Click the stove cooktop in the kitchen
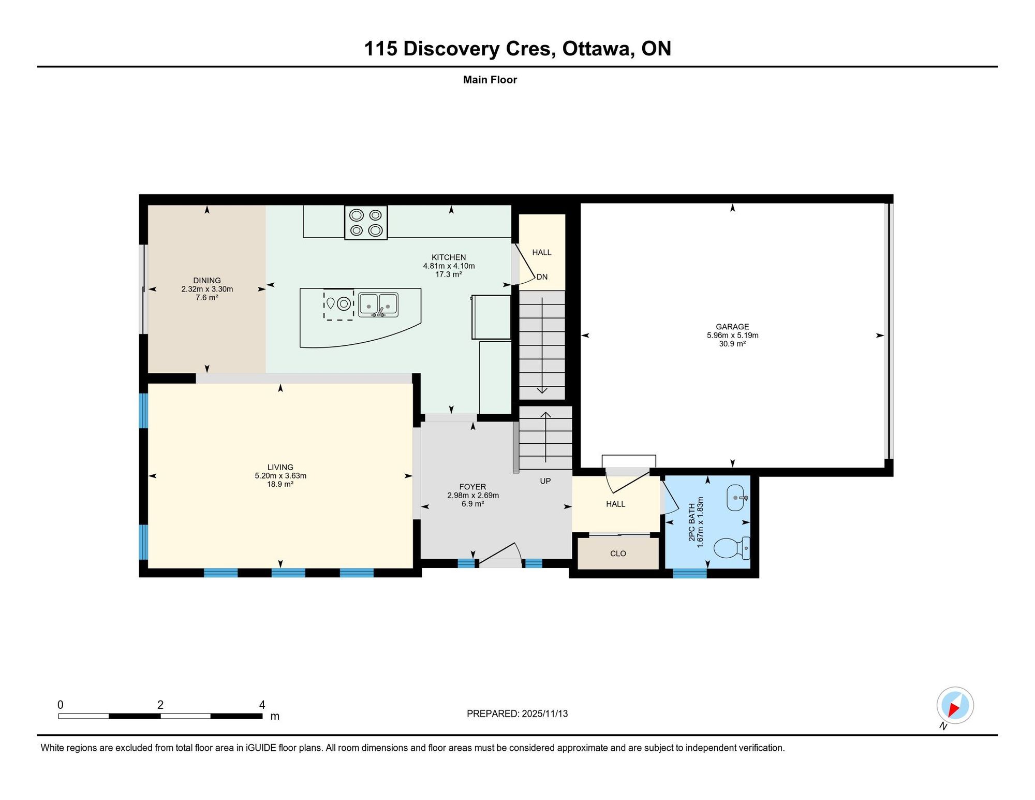point(366,223)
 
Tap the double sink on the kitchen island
point(378,305)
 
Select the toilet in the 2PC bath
point(732,548)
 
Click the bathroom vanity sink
point(737,498)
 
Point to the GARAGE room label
point(732,327)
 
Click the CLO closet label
point(618,554)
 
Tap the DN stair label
point(542,277)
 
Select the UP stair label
point(545,481)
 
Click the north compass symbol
point(955,705)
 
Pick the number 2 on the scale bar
point(160,705)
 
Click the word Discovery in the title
point(452,49)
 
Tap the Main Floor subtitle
point(490,80)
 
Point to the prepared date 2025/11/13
point(545,714)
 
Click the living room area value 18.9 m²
point(280,484)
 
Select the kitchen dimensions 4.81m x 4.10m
point(449,266)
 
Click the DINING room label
point(207,281)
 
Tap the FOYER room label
point(472,487)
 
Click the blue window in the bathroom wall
point(690,573)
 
